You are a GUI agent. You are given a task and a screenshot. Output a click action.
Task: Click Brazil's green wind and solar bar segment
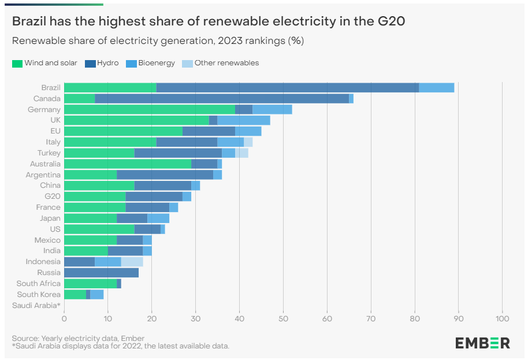(x=110, y=88)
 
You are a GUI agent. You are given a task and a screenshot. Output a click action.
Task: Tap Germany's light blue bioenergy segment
(x=272, y=110)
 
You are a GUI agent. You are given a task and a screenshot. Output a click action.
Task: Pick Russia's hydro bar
(x=101, y=273)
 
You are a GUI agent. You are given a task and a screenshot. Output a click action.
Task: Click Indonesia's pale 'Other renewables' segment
(x=132, y=262)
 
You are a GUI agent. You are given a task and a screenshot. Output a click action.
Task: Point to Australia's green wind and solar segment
(x=127, y=164)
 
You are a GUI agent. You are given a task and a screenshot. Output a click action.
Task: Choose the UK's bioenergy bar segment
(x=243, y=120)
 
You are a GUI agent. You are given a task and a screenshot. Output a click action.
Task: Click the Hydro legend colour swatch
(x=90, y=63)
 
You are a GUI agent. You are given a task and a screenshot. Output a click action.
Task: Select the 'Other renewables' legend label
(x=226, y=63)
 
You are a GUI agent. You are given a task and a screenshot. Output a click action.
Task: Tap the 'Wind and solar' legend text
(x=51, y=63)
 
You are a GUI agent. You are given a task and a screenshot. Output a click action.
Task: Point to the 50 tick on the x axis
(x=283, y=318)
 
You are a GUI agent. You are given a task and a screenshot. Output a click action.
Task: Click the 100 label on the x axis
(x=502, y=318)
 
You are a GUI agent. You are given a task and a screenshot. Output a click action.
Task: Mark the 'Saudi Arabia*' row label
(x=36, y=305)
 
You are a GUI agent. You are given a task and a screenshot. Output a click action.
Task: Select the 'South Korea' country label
(x=38, y=295)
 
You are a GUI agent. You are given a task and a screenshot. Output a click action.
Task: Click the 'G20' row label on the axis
(x=53, y=196)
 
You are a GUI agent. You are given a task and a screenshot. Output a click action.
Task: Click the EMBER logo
(x=482, y=343)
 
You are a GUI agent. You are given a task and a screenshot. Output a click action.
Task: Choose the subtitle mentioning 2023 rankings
(x=158, y=40)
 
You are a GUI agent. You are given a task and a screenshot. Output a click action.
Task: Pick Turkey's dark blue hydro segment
(x=178, y=153)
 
